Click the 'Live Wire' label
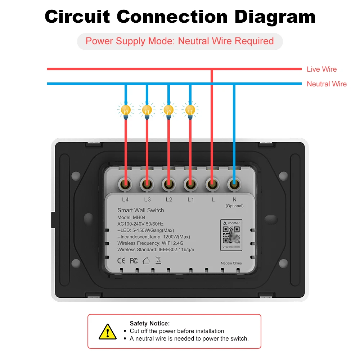321,69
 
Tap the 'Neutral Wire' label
327,84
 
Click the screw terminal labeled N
234,185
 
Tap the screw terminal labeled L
212,185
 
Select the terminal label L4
125,199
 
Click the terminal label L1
190,199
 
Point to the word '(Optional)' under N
234,206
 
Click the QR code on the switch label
231,234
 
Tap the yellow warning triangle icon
107,331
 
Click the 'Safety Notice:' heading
149,324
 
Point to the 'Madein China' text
231,263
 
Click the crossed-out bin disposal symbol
158,260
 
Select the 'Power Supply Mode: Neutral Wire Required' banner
180,41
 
